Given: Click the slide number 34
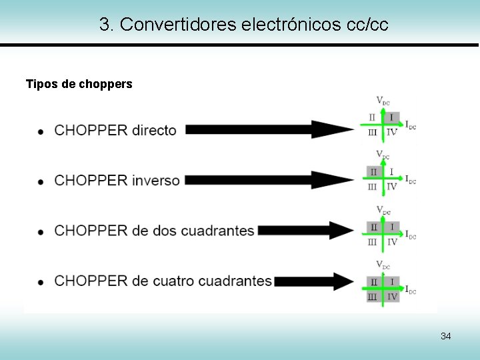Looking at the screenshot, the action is (x=445, y=336).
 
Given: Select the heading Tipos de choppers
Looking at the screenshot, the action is (x=79, y=84).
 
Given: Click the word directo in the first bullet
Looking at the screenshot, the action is (x=154, y=130).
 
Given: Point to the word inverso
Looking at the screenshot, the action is (x=155, y=180).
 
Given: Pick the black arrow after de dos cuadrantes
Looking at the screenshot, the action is (x=307, y=231).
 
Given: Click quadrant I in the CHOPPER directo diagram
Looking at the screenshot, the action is (x=391, y=118).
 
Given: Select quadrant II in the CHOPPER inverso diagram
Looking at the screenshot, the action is (x=373, y=172).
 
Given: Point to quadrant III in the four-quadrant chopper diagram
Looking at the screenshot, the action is (x=373, y=296).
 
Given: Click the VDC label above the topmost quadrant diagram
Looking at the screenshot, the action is (x=383, y=101).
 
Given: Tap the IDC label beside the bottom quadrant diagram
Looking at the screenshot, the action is (x=411, y=290).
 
